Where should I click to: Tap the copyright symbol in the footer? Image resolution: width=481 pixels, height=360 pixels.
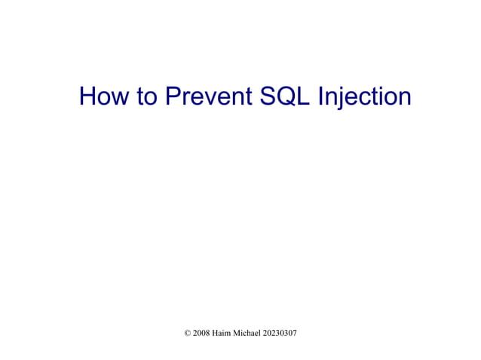[188, 332]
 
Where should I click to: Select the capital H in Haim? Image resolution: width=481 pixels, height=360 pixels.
[216, 332]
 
